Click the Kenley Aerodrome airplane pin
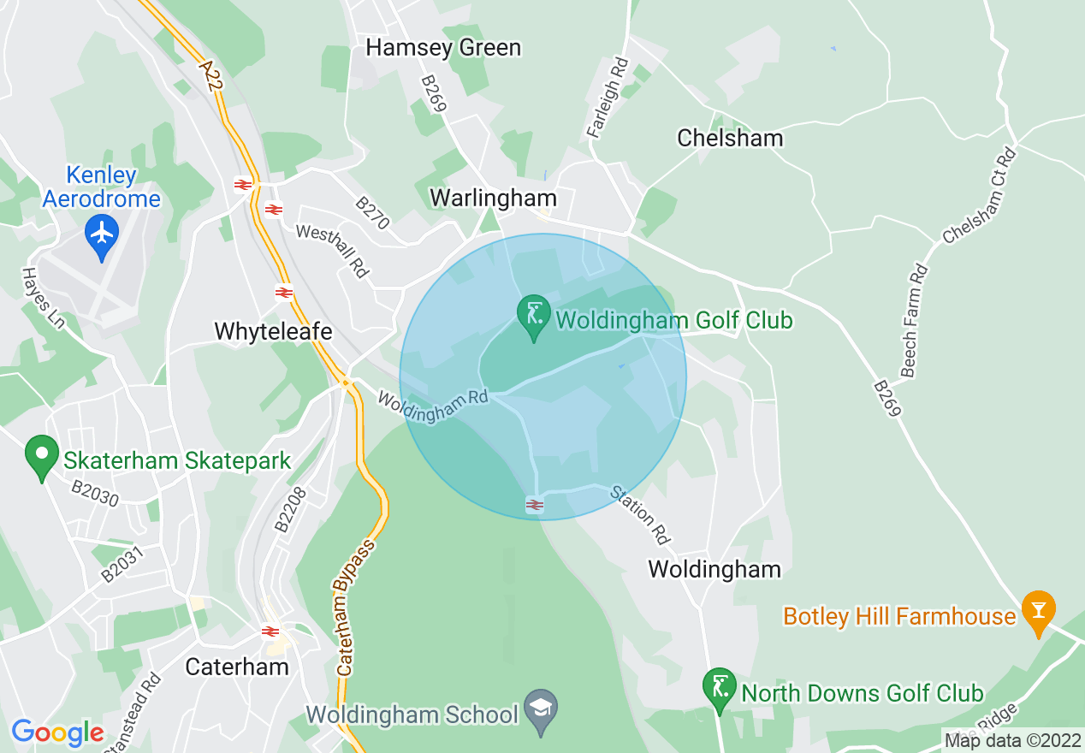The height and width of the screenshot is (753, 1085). [x=102, y=233]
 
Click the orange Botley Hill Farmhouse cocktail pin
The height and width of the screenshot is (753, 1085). [x=1038, y=611]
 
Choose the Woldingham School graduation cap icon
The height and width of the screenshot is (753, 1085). [x=541, y=709]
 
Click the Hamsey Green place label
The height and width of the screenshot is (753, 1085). [x=443, y=47]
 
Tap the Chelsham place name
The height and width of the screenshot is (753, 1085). [x=730, y=138]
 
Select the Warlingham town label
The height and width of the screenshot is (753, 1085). [x=493, y=198]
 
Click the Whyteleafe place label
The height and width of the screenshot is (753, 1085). [x=273, y=331]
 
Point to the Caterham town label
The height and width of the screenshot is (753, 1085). [x=237, y=666]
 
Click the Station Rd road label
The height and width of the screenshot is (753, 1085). [x=639, y=515]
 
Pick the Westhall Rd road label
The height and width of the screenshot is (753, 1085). [x=332, y=250]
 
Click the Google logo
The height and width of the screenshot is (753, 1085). [x=58, y=732]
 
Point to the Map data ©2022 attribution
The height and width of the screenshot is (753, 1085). [x=1012, y=739]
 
